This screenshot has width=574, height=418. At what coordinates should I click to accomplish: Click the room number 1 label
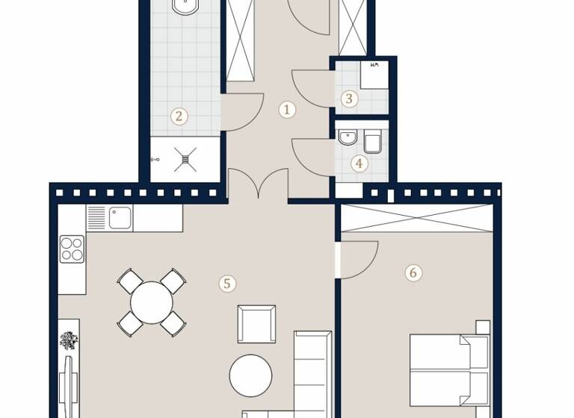click(x=287, y=110)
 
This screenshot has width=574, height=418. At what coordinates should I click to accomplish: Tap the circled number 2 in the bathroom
click(x=178, y=116)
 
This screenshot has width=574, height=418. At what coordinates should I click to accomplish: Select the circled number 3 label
click(x=348, y=98)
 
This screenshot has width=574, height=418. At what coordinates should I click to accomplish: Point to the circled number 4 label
click(x=359, y=163)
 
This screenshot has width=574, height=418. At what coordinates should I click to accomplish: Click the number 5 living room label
click(x=227, y=283)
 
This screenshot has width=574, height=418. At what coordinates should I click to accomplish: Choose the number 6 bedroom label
click(x=413, y=272)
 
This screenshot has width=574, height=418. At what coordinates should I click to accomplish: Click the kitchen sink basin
click(x=120, y=217)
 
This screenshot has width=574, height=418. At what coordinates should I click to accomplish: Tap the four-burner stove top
click(x=72, y=248)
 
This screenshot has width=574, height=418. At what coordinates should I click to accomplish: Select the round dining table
click(x=152, y=302)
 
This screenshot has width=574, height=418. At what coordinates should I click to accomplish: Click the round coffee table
click(x=250, y=375)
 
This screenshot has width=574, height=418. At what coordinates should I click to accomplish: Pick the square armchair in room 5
click(x=256, y=324)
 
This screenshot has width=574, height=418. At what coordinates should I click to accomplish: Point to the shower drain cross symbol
click(x=185, y=159)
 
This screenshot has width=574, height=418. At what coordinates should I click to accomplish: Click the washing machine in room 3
click(x=374, y=75)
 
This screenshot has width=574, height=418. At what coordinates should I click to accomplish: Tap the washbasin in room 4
click(x=348, y=138)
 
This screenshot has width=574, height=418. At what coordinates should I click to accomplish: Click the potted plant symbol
click(x=69, y=340)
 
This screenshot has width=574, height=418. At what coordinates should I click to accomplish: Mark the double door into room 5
click(x=258, y=185)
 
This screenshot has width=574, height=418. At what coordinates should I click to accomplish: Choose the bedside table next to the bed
click(x=482, y=327)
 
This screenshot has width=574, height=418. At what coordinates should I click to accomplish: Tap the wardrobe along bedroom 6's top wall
click(x=416, y=218)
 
